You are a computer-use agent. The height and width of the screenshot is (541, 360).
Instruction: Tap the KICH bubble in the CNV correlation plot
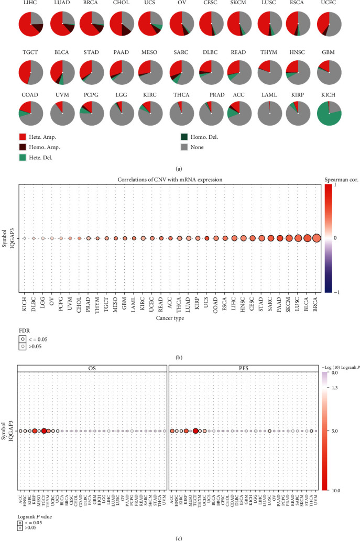pos(25,238)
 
